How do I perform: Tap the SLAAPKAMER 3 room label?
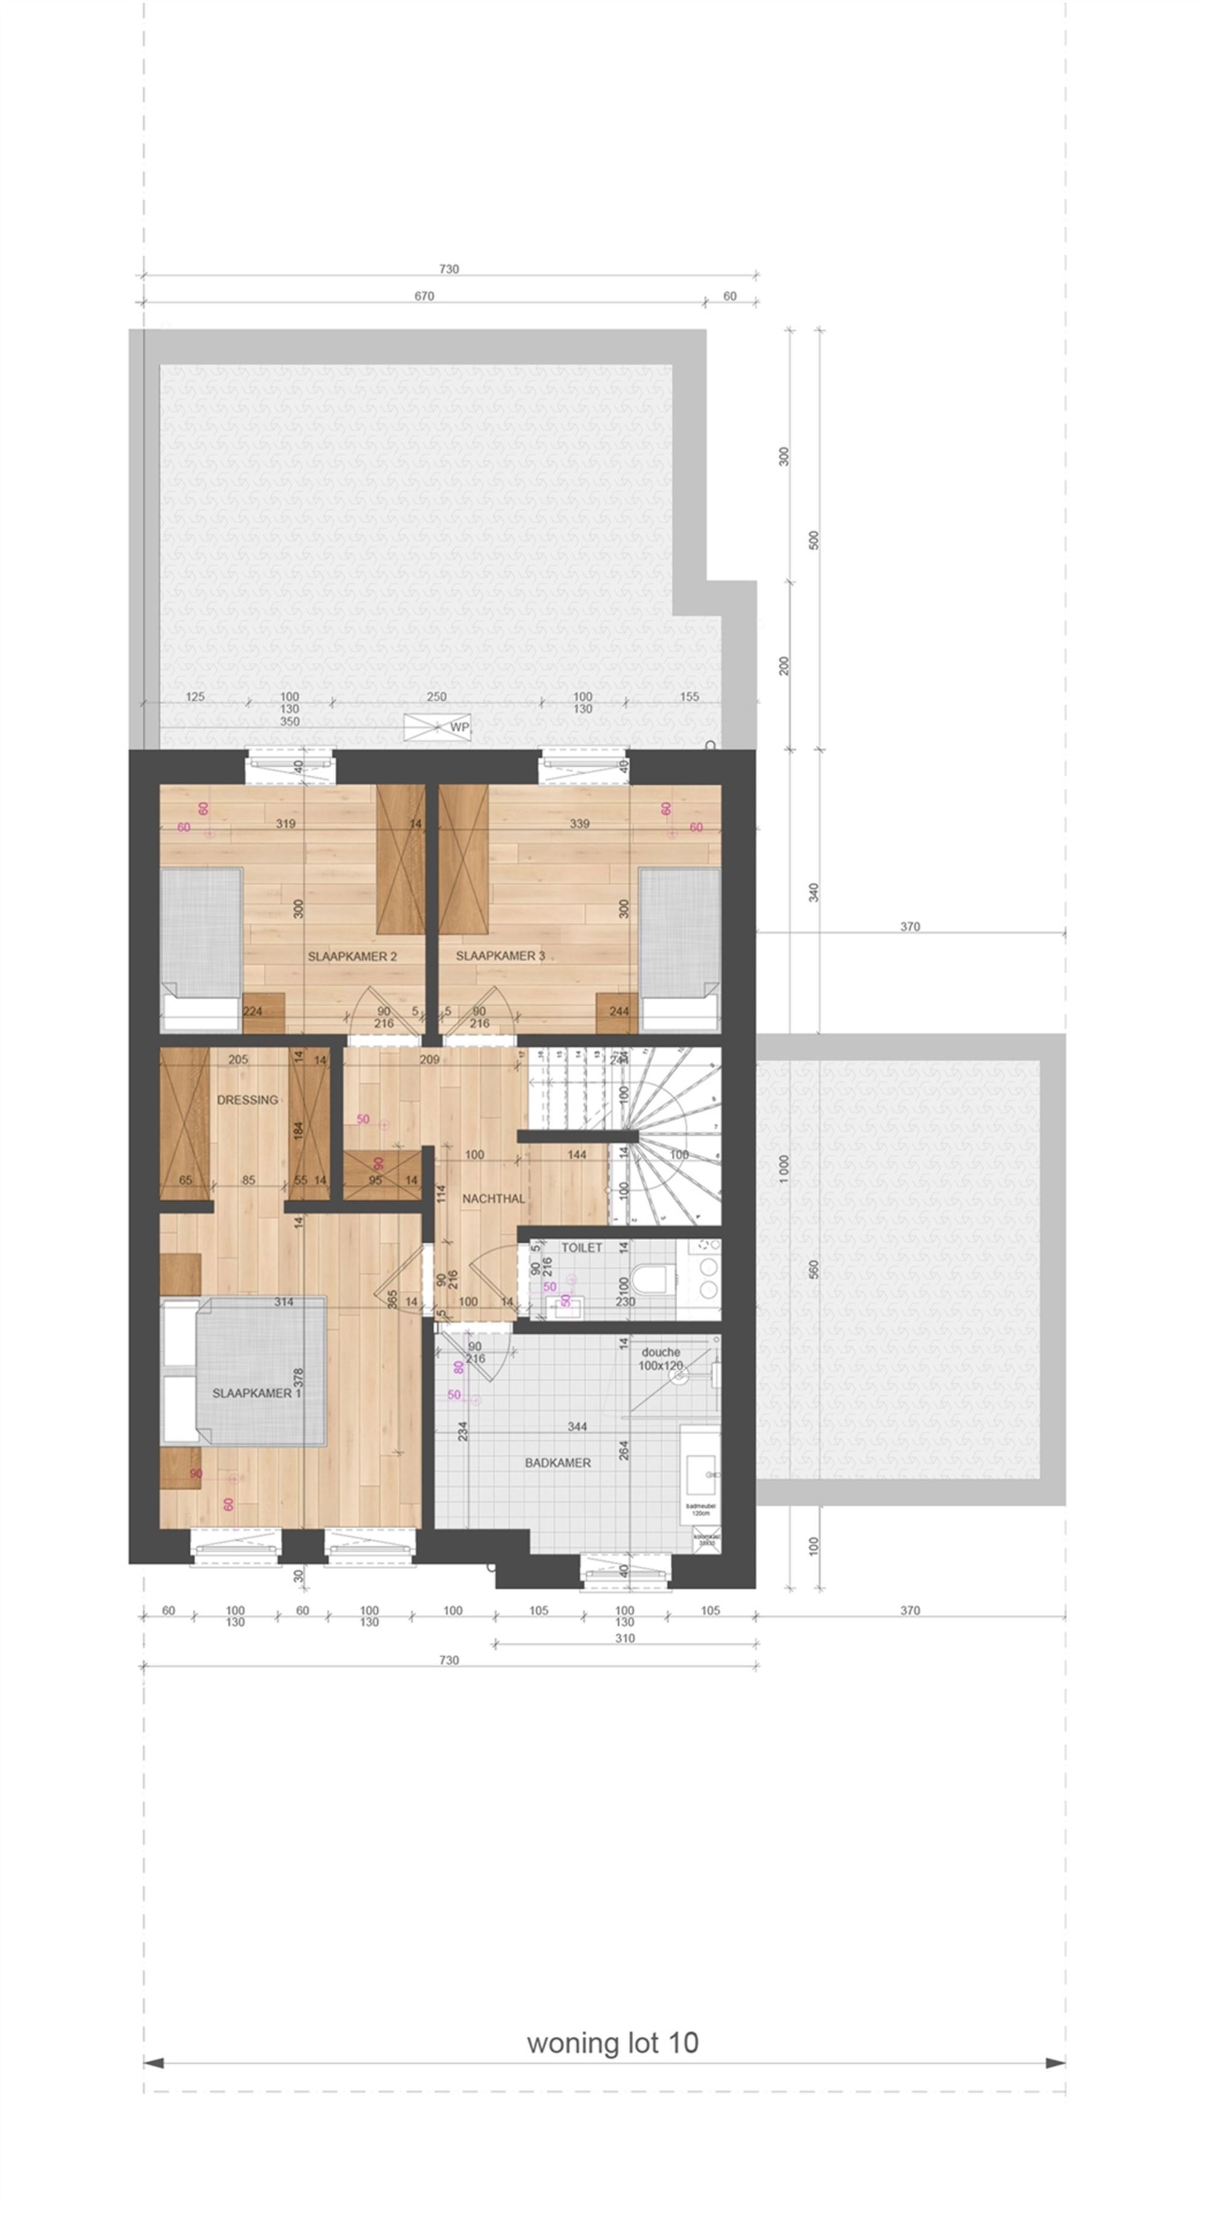coord(499,956)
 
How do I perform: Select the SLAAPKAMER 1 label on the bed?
coord(256,1393)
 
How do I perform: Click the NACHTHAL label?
coord(493,1198)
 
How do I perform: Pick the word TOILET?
coord(582,1247)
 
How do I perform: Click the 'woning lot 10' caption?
coord(612,2043)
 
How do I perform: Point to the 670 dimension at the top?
coord(424,296)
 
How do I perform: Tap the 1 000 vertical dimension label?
coord(784,1169)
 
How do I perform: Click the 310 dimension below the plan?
coord(625,1638)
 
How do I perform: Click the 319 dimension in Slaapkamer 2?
coord(286,823)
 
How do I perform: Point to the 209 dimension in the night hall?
coord(429,1060)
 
